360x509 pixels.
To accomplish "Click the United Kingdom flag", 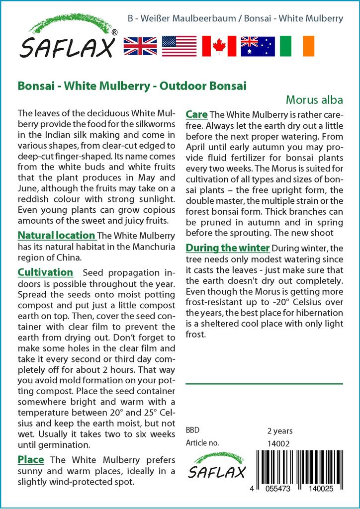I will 140,46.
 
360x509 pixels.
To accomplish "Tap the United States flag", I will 179,46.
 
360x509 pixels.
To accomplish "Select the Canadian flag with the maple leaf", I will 219,46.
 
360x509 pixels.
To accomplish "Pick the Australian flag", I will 258,46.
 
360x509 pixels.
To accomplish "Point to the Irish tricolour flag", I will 297,46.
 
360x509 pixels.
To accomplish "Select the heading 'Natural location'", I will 56,235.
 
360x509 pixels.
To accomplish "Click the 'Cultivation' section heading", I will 45,272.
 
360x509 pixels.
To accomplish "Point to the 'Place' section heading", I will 31,459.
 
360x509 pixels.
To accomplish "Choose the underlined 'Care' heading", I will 196,115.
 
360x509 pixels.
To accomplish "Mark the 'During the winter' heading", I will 228,248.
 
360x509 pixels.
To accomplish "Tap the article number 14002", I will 278,443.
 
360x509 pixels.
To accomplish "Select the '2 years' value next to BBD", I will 280,431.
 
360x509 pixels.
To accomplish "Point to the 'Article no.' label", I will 202,443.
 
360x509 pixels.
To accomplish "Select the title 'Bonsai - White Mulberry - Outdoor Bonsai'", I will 132,85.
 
